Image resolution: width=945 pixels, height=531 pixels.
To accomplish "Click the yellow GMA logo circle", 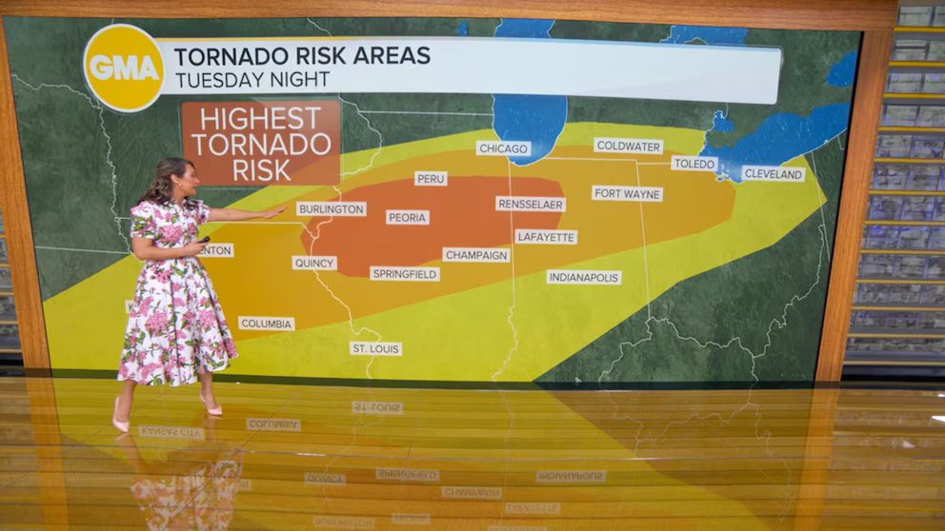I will click(x=124, y=68).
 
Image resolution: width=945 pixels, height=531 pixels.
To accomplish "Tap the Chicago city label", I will click(x=503, y=148).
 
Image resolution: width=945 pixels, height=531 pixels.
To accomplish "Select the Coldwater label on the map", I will click(x=628, y=146).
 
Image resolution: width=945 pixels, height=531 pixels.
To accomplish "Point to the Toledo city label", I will click(x=694, y=164).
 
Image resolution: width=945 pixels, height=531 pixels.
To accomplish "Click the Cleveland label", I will click(x=773, y=174).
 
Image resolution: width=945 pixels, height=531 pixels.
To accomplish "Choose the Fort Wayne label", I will click(x=627, y=193).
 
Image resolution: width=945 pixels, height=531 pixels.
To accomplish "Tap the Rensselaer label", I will click(x=530, y=204).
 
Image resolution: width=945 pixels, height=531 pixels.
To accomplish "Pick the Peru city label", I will click(x=431, y=178).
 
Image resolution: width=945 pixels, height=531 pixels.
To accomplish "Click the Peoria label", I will click(x=407, y=217).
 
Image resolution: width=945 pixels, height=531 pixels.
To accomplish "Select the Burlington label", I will click(x=331, y=208).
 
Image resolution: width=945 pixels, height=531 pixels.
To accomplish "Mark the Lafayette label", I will click(x=546, y=237).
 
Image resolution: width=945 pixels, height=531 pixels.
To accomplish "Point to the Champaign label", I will click(x=476, y=255).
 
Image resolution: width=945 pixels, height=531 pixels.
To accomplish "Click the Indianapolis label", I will click(x=584, y=277).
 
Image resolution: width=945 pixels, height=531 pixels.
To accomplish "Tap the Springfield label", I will click(x=405, y=274).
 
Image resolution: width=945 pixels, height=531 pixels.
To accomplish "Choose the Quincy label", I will click(x=314, y=263).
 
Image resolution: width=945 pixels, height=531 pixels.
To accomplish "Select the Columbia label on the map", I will click(x=266, y=324).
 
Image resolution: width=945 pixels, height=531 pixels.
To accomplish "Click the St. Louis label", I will click(x=375, y=348).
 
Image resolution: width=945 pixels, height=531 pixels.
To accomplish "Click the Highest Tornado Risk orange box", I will click(x=260, y=143).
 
